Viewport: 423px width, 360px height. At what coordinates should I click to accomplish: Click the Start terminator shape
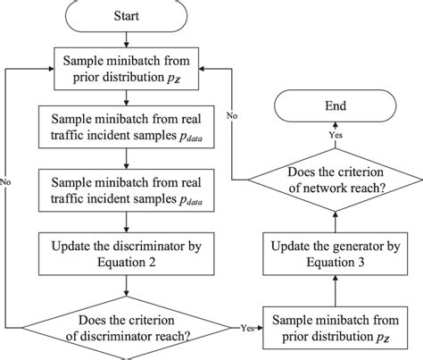click(126, 15)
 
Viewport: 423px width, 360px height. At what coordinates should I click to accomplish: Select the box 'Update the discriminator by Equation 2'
click(126, 256)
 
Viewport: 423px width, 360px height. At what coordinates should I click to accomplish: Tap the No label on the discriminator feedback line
click(8, 178)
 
